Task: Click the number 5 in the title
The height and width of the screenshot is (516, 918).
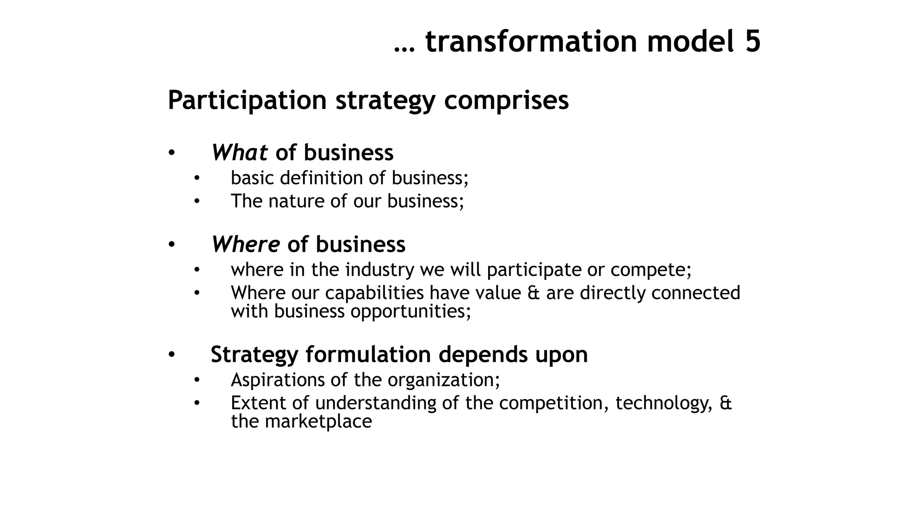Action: (753, 41)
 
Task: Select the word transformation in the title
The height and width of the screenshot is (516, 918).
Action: (531, 41)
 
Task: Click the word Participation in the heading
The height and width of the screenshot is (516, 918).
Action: (247, 100)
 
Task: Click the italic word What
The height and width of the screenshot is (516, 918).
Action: (239, 152)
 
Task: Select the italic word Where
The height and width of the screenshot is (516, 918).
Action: (246, 245)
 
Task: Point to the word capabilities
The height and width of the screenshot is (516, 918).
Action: (374, 293)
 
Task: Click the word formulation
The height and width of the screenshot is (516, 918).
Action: (368, 354)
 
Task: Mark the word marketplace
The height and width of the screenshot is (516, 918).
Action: (318, 421)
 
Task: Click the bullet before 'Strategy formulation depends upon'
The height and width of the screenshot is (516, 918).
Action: (171, 355)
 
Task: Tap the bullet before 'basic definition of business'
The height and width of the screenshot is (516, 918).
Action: (196, 178)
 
